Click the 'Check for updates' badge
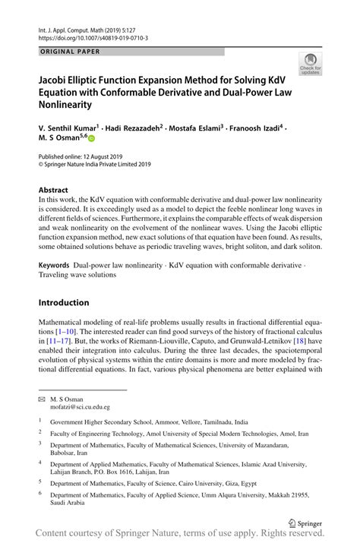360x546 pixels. pos(309,64)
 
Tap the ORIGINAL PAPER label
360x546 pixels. pos(69,52)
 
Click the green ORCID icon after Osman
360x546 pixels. pos(92,140)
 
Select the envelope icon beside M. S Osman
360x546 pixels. pos(43,399)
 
